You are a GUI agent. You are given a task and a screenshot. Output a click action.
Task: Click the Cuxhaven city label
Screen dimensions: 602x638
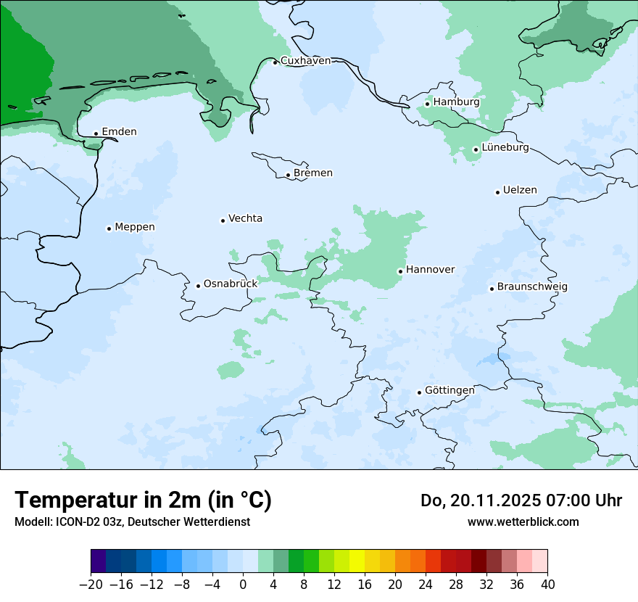305,61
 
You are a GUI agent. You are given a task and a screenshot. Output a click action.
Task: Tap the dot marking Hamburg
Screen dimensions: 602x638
428,104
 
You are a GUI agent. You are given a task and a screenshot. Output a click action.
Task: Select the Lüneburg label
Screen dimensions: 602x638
505,148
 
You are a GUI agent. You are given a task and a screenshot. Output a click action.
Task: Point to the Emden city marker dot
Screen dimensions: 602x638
96,133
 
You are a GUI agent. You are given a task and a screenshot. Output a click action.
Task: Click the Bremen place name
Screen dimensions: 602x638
313,173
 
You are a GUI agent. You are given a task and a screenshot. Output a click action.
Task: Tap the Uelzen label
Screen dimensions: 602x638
520,191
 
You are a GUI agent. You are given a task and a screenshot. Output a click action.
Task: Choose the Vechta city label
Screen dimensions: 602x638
245,219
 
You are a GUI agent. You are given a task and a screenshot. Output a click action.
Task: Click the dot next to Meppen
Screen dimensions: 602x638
109,228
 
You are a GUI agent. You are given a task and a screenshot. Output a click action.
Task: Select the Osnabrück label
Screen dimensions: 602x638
231,284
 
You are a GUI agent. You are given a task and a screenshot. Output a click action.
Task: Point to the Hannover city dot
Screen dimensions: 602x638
400,271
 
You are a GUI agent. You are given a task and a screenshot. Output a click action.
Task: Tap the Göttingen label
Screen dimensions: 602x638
449,391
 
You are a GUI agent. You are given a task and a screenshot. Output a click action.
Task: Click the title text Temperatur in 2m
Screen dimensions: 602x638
143,500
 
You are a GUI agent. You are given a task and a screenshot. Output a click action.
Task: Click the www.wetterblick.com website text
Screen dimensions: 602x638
523,522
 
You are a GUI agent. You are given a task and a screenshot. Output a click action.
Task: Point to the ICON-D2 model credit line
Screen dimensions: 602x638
132,522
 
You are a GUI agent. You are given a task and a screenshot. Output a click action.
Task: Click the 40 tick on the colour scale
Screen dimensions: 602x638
547,585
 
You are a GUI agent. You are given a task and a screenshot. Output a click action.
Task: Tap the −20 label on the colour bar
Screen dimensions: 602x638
90,585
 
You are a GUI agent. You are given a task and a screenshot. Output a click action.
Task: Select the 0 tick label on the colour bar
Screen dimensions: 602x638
243,585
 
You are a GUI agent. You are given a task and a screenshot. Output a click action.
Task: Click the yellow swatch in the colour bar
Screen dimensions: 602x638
357,561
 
